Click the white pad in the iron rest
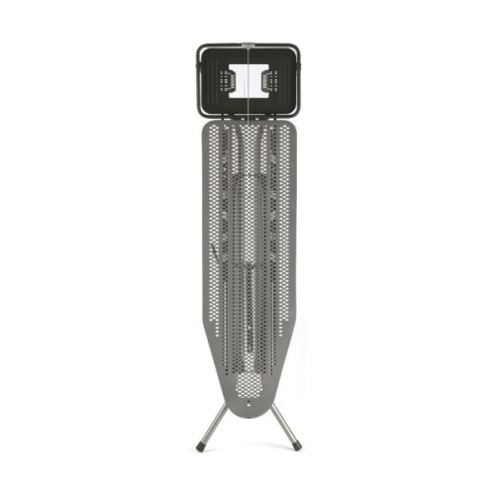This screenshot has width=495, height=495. click(x=247, y=82)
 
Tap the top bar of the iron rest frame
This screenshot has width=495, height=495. click(x=247, y=46)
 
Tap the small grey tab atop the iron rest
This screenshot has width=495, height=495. click(x=247, y=43)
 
